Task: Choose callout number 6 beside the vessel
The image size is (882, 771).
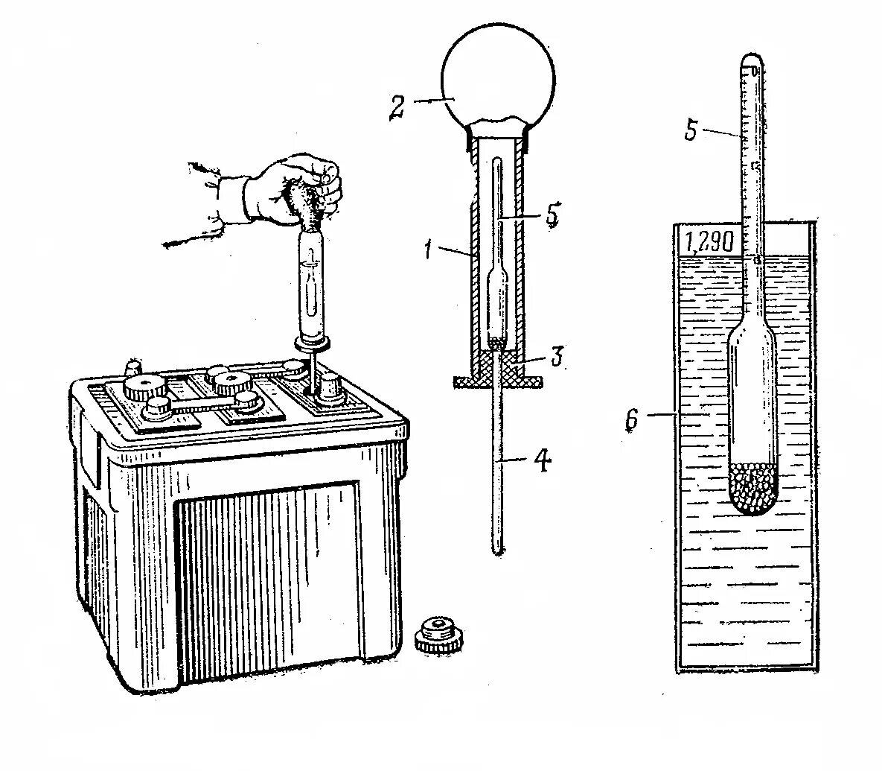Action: tap(632, 421)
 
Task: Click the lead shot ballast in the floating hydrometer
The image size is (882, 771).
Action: tap(752, 488)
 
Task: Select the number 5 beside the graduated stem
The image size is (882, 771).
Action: tap(691, 130)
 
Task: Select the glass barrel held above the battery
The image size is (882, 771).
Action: tap(313, 283)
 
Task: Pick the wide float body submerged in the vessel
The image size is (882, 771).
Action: tap(752, 395)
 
